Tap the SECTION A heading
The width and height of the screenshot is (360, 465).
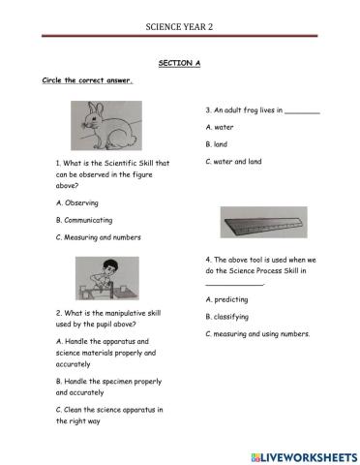179,62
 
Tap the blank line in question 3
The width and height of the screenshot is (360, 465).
303,112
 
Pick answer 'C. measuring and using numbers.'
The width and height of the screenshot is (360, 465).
257,334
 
